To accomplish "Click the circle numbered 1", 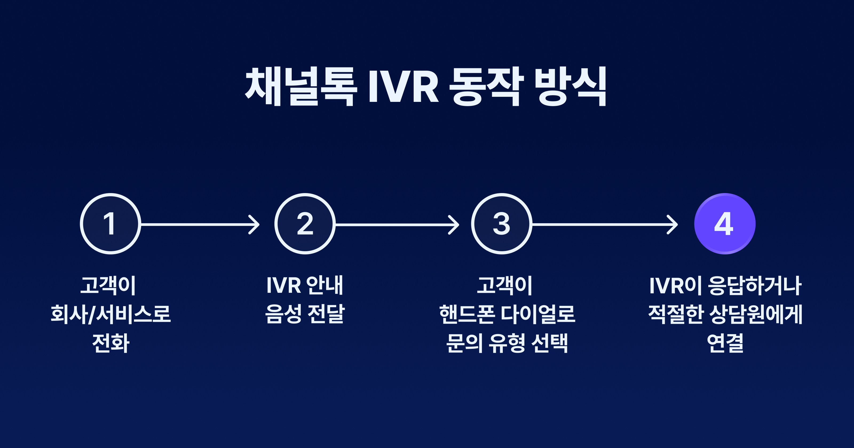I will coord(110,224).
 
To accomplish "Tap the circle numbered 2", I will coord(305,224).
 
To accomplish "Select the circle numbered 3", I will coord(502,224).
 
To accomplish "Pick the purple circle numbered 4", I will coord(725,224).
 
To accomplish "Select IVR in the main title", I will coord(404,87).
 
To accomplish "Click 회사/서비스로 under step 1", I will coord(110,314).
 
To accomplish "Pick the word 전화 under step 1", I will coord(110,343).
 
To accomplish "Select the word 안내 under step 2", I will coord(325,285).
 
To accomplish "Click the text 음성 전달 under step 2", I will coord(305,314).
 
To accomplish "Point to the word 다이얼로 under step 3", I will coord(538,314).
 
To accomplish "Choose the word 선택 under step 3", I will coord(550,343).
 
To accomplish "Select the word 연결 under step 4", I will coord(725,343).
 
